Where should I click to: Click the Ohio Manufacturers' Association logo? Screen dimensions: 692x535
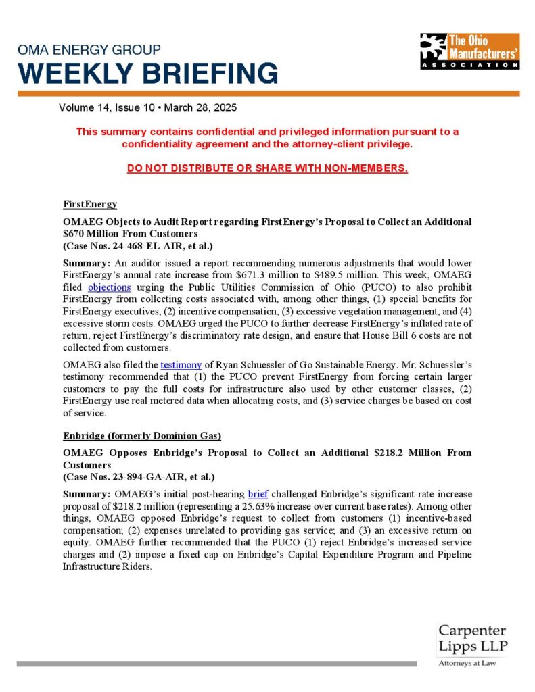[x=469, y=51]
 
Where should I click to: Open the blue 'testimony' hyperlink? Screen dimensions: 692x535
[x=181, y=365]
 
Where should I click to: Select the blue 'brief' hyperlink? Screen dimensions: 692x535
[x=258, y=494]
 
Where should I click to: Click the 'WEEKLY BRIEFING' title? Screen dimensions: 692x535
[x=147, y=73]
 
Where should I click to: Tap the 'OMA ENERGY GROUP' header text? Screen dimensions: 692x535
[x=89, y=50]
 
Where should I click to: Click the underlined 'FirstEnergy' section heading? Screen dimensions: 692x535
[x=90, y=204]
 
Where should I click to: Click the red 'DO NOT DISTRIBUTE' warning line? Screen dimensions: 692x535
[x=267, y=168]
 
